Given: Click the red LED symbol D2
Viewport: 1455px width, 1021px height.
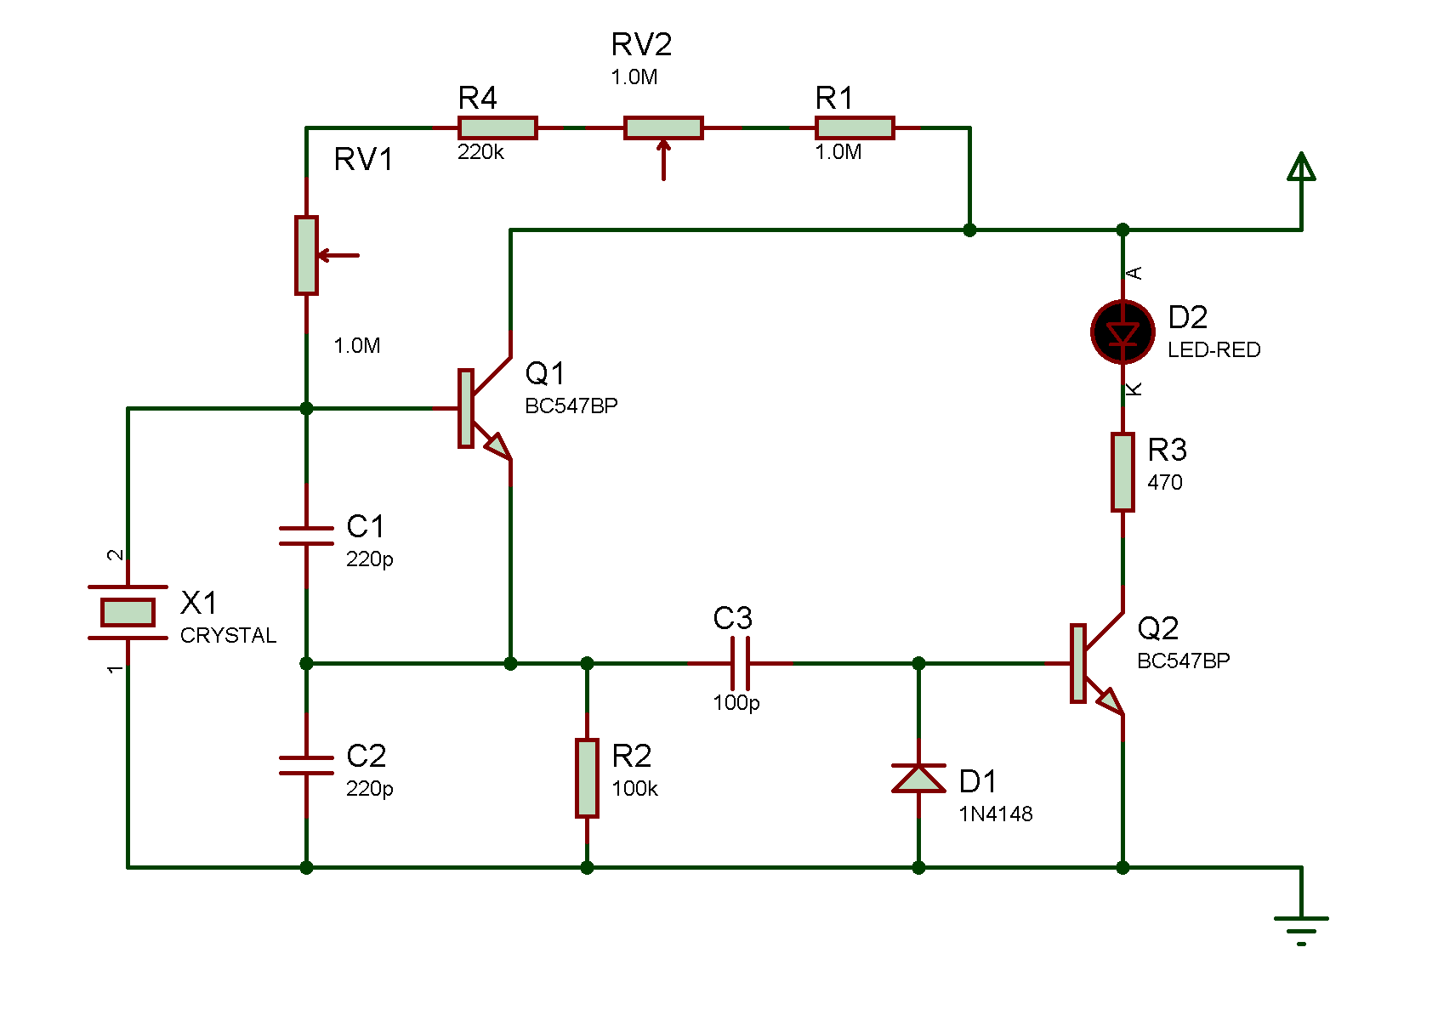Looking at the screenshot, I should coord(1123,332).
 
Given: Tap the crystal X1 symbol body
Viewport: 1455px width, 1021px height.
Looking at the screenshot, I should coord(128,612).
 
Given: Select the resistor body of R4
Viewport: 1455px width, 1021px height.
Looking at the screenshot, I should coord(497,128).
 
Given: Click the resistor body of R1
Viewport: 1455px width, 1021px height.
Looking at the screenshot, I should coord(855,128).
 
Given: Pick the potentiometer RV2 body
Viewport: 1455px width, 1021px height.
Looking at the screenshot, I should coord(663,128).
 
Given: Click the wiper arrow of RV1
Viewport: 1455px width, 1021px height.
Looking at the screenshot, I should coord(338,254).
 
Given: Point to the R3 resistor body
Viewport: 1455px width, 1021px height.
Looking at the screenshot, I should coord(1123,472).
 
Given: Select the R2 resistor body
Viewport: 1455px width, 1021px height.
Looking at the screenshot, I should coord(587,778).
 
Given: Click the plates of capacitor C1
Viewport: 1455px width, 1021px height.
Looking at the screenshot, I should coord(306,536).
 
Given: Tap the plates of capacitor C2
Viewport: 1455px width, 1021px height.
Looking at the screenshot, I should coord(306,765).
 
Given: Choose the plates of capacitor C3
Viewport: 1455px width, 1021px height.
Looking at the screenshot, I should coord(740,663).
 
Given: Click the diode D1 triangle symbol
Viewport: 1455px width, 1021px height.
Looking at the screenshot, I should coord(918,779).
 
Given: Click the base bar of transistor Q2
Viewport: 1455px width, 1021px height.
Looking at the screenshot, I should coord(1077,663).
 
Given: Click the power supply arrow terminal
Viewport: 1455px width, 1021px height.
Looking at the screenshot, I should coord(1301,167).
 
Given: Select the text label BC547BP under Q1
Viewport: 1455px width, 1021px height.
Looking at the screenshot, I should coord(571,406).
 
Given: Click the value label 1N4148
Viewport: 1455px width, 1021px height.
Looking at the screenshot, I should coord(995,814).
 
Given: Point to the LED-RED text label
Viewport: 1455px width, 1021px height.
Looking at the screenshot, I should coord(1213,350).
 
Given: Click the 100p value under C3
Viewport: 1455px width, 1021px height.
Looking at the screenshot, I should coord(736,703).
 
